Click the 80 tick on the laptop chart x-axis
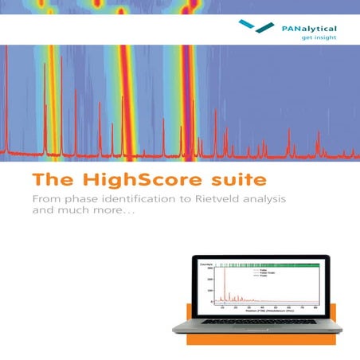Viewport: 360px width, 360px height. pos(318,307)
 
